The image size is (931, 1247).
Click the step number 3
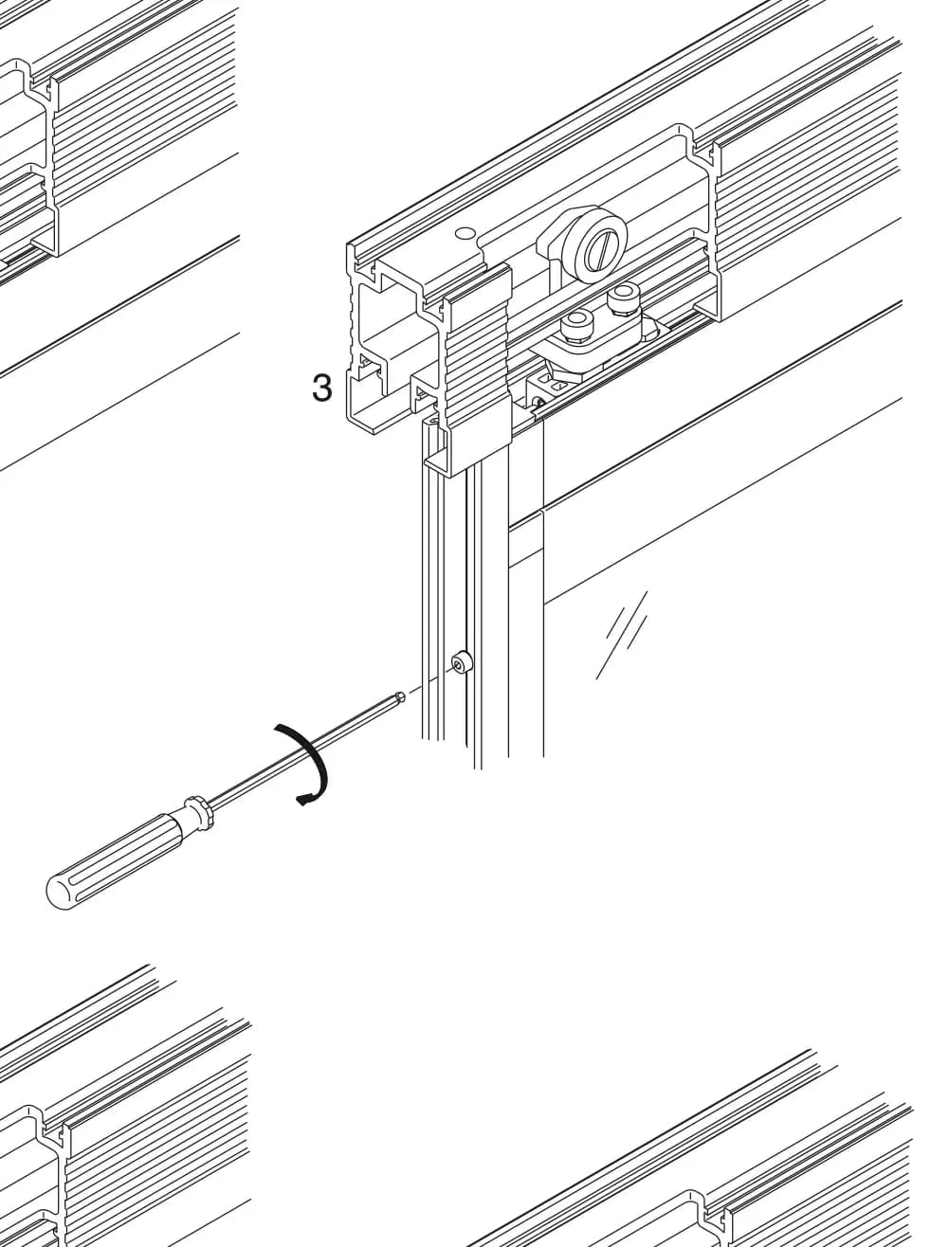coord(321,388)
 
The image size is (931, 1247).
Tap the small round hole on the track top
coord(465,232)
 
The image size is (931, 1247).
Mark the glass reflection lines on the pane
coord(621,635)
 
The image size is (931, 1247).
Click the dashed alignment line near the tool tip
coord(428,680)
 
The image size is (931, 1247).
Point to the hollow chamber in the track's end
coord(392,318)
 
